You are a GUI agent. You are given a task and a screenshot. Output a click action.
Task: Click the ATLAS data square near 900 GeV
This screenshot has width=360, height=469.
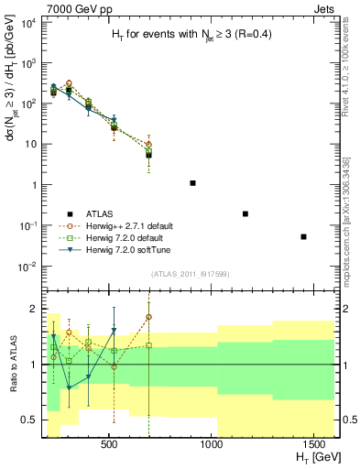(192, 183)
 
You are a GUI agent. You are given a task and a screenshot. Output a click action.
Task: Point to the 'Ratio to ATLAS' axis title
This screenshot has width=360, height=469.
(12, 364)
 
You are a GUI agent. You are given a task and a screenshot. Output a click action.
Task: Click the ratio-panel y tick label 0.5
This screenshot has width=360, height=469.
(32, 420)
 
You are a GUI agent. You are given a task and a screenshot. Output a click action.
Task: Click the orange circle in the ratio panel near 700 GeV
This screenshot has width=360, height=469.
(148, 317)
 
